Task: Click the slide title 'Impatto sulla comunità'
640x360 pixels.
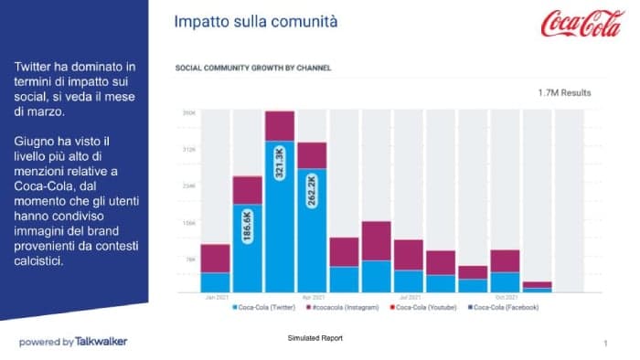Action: tap(255, 20)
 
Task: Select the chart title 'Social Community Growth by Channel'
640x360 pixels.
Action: tap(252, 68)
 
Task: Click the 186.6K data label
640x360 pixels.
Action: tap(247, 225)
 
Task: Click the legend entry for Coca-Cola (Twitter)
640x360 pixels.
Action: tap(265, 307)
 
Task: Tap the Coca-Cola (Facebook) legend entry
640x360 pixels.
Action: tap(505, 307)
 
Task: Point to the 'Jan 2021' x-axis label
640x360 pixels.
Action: tap(216, 297)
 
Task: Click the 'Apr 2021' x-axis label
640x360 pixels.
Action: tap(313, 297)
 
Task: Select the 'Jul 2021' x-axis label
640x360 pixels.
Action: tap(409, 297)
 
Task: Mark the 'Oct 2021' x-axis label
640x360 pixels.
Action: tap(505, 297)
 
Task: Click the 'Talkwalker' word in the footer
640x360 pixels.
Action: tap(101, 342)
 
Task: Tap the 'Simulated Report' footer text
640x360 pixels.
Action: tap(315, 339)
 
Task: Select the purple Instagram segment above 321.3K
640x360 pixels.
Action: tap(280, 126)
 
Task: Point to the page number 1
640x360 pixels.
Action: tap(605, 344)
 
